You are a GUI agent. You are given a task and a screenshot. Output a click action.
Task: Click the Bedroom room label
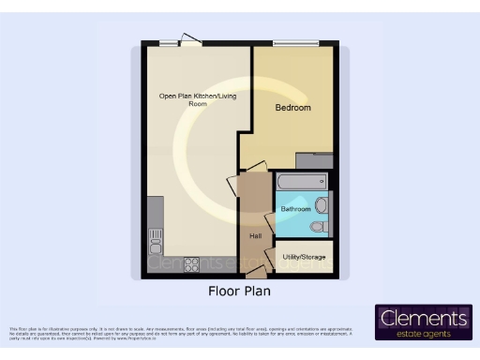pyautogui.click(x=292, y=109)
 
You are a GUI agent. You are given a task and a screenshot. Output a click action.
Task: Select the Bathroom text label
pyautogui.click(x=296, y=208)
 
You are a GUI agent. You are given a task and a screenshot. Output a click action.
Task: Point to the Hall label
pyautogui.click(x=255, y=235)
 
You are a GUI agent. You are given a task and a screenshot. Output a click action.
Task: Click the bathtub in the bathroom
pyautogui.click(x=300, y=181)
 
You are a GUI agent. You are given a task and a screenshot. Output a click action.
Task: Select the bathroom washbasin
pyautogui.click(x=322, y=204)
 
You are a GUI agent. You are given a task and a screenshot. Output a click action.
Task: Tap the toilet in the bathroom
pyautogui.click(x=318, y=226)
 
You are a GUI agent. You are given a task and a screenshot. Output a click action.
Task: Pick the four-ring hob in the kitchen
pyautogui.click(x=192, y=263)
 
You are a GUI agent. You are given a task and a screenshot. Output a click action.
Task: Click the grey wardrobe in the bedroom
pyautogui.click(x=314, y=160)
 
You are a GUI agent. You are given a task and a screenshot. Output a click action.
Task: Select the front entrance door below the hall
pyautogui.click(x=254, y=274)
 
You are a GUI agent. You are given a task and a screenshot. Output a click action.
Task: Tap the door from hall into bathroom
pyautogui.click(x=270, y=221)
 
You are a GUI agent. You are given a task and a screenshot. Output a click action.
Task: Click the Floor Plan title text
pyautogui.click(x=239, y=292)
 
